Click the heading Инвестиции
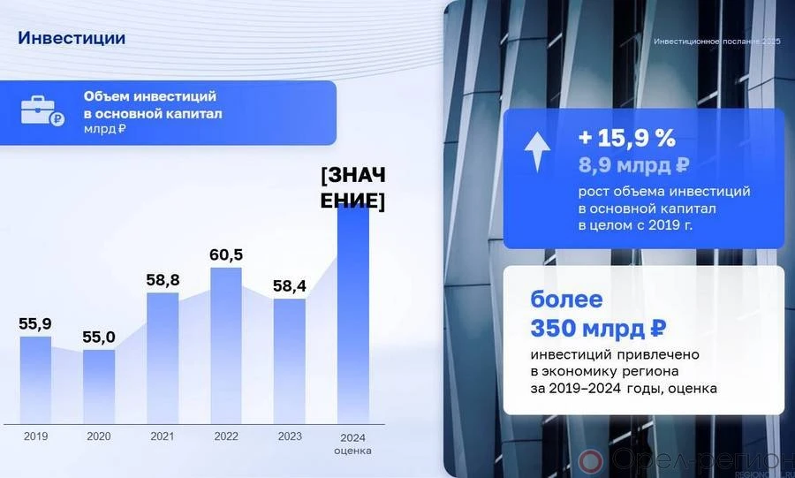(x=72, y=38)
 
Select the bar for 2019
(x=35, y=380)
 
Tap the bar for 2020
(x=99, y=387)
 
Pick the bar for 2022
(x=226, y=345)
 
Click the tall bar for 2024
(x=353, y=315)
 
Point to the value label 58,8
(x=163, y=280)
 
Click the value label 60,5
(x=226, y=254)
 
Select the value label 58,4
(x=290, y=286)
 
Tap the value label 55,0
(x=99, y=338)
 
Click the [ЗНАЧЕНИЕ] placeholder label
(x=352, y=187)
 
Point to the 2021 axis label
(x=163, y=436)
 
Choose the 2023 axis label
(x=290, y=436)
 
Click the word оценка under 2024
(x=352, y=450)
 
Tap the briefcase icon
(x=42, y=110)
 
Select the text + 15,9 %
(x=627, y=138)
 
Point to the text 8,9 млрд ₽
(x=633, y=165)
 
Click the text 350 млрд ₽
(x=598, y=329)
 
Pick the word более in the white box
(x=566, y=299)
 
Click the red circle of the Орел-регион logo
(x=590, y=460)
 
